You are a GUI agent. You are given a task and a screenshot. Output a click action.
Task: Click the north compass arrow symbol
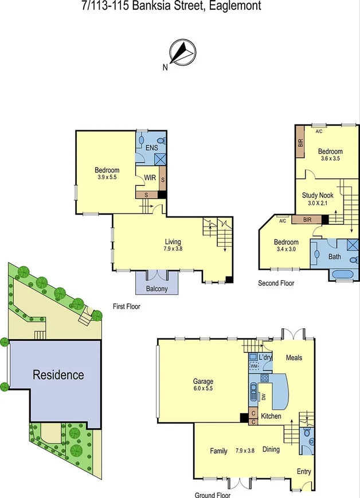coord(183,51)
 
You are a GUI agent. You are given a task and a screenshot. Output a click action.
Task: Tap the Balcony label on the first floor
coord(156,289)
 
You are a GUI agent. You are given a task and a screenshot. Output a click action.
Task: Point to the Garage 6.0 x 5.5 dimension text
coord(203,388)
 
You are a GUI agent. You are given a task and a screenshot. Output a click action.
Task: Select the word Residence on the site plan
coord(58,375)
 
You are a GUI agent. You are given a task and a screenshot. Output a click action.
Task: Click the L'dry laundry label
coord(265,357)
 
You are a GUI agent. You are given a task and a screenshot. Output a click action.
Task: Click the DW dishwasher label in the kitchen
coord(264,396)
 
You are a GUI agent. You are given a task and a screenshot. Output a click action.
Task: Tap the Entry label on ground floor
coord(304,472)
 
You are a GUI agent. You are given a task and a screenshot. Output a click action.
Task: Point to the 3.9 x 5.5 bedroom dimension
coord(107,178)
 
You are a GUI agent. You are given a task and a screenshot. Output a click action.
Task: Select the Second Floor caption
coord(276,283)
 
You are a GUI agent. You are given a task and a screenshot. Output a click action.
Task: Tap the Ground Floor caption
coord(212,495)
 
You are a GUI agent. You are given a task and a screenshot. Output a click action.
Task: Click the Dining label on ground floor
coord(271,449)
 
